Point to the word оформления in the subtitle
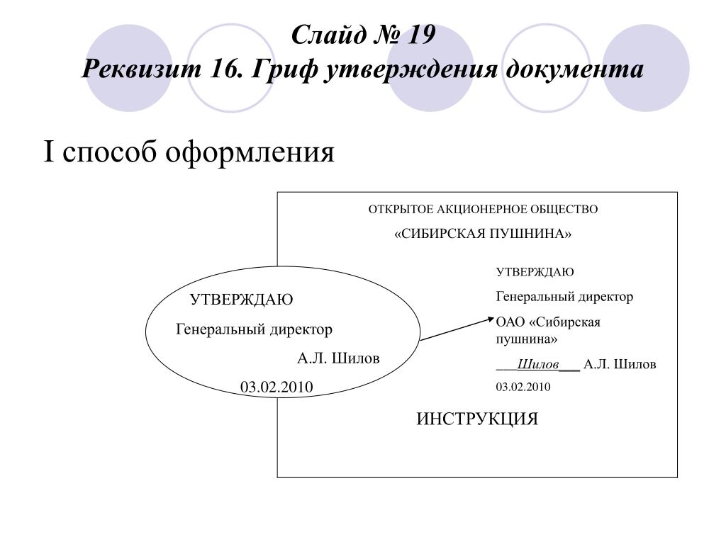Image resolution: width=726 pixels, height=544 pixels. point(250,152)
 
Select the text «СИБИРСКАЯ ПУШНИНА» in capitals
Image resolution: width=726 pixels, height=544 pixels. point(483,234)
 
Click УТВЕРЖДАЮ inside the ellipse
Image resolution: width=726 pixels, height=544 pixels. point(241,300)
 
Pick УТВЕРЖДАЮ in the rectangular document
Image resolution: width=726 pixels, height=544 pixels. point(535,272)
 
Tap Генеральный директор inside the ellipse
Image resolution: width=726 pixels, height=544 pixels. point(254,329)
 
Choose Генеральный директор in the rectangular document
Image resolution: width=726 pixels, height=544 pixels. point(564,297)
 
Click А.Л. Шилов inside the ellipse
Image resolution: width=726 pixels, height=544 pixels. point(338,358)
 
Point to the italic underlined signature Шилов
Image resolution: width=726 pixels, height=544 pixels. point(537,364)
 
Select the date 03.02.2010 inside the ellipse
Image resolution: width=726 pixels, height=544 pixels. point(277,387)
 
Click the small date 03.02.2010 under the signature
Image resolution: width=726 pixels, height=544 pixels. point(523,387)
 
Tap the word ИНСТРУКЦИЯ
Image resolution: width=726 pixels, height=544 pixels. point(477,419)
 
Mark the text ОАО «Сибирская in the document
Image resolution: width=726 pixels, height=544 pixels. point(548,322)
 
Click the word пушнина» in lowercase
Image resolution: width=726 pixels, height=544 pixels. point(527,339)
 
